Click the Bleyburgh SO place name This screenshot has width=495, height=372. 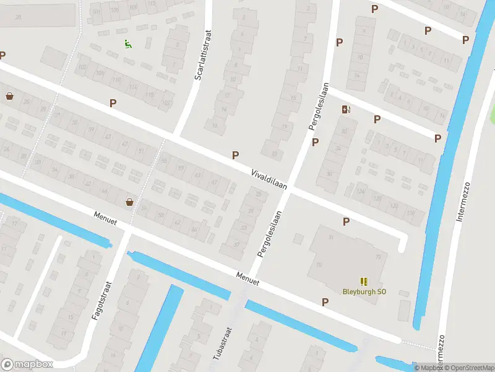(364, 291)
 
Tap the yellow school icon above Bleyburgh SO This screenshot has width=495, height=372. (363, 281)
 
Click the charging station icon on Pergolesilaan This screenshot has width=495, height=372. (346, 110)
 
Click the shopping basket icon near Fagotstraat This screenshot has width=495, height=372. (129, 201)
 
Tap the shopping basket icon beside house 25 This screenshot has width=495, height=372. (9, 96)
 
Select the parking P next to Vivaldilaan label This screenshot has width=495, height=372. (235, 155)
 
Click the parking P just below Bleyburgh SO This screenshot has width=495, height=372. (325, 302)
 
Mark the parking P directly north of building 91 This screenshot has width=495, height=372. (346, 221)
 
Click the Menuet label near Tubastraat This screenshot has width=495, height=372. (247, 279)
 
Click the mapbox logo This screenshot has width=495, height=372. (27, 365)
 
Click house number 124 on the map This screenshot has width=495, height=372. (360, 191)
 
